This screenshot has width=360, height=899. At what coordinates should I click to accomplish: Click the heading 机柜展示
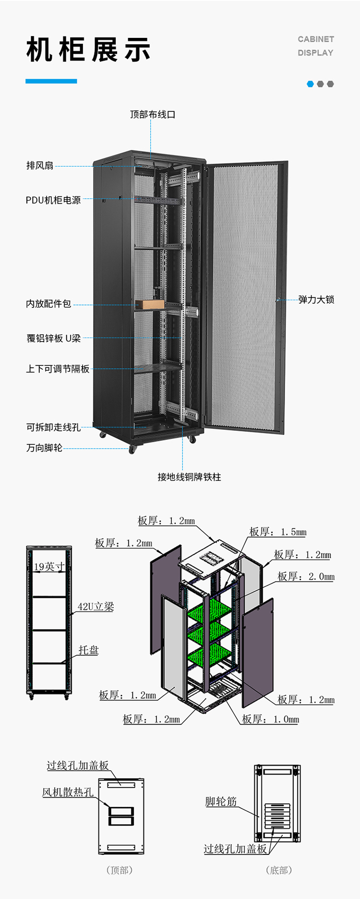pyautogui.click(x=88, y=50)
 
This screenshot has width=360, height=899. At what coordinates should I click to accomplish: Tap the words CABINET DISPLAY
pyautogui.click(x=315, y=46)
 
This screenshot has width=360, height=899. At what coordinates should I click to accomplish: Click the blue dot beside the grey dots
pyautogui.click(x=310, y=84)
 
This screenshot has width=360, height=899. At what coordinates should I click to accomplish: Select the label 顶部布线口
pyautogui.click(x=153, y=114)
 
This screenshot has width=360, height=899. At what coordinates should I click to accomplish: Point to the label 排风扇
pyautogui.click(x=40, y=166)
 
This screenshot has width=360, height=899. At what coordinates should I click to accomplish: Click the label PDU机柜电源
pyautogui.click(x=53, y=200)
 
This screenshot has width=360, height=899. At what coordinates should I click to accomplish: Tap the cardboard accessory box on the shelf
pyautogui.click(x=150, y=304)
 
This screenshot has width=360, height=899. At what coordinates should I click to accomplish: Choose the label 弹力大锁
pyautogui.click(x=316, y=300)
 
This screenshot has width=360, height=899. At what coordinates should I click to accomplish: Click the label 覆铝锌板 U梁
pyautogui.click(x=54, y=338)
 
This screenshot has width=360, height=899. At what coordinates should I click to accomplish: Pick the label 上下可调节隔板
pyautogui.click(x=58, y=369)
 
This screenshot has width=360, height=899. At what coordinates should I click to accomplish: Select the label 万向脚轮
pyautogui.click(x=44, y=448)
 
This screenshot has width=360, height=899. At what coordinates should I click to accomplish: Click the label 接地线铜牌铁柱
pyautogui.click(x=189, y=477)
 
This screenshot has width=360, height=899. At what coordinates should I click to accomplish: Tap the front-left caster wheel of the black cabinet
pyautogui.click(x=132, y=450)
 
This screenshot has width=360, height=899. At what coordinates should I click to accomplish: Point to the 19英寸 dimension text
pyautogui.click(x=49, y=567)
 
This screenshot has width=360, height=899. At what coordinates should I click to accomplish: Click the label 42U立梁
pyautogui.click(x=96, y=607)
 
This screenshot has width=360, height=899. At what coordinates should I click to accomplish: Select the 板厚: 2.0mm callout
pyautogui.click(x=306, y=576)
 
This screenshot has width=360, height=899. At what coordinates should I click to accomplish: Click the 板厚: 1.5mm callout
pyautogui.click(x=277, y=532)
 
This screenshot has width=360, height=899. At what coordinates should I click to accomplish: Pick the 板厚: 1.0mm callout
pyautogui.click(x=270, y=719)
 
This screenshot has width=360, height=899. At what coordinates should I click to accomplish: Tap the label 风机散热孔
pyautogui.click(x=68, y=792)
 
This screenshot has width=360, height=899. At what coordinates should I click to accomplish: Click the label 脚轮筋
pyautogui.click(x=221, y=802)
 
